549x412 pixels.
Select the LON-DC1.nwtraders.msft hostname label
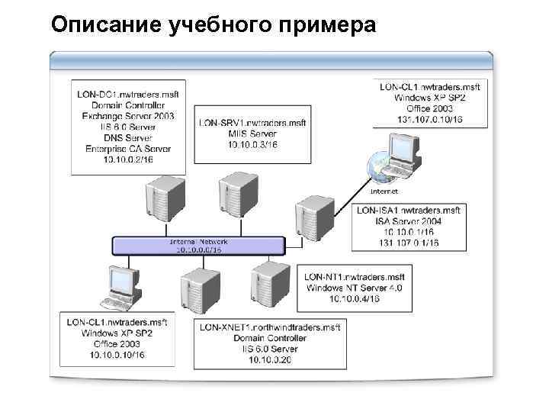coord(128,95)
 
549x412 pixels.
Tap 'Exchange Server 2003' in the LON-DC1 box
coord(128,117)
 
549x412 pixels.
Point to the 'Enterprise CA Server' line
coord(128,149)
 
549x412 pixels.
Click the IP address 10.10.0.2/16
coord(128,159)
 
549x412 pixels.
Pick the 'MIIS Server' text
coord(252,134)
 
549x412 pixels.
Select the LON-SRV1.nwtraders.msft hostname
coord(252,123)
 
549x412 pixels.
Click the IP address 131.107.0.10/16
coord(431,120)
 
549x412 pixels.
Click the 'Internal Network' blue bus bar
coord(197,245)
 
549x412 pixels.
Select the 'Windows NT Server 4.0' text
coord(354,288)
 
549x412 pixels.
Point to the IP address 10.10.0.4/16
coord(354,299)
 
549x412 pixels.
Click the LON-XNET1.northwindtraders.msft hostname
coord(270,327)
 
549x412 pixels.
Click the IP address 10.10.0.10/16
coord(117,355)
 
